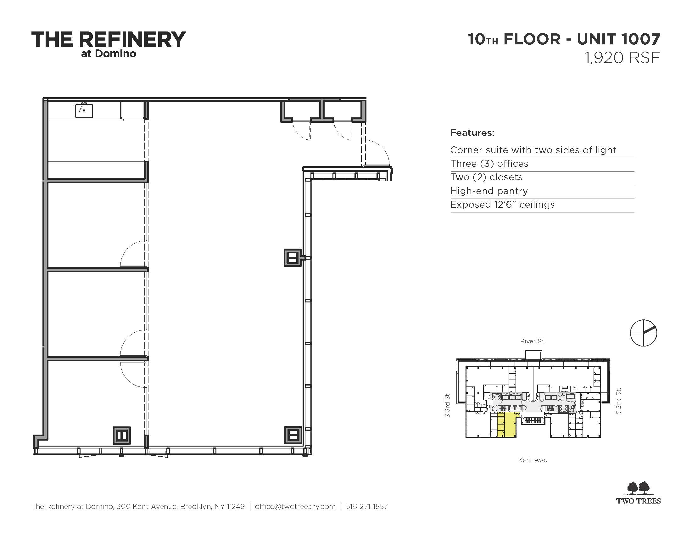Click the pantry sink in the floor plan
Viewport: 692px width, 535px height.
(84, 110)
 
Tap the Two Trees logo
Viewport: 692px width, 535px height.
(639, 493)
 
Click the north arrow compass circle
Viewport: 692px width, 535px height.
(644, 333)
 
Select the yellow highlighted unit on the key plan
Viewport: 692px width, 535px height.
(507, 425)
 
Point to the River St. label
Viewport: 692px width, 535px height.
(533, 341)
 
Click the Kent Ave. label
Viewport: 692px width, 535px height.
(533, 460)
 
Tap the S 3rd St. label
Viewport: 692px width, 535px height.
(447, 405)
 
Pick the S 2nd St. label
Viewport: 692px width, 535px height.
(618, 401)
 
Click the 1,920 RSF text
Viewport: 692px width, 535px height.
(622, 58)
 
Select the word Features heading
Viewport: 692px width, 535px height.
(472, 132)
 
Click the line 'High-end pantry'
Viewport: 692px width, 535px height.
(489, 191)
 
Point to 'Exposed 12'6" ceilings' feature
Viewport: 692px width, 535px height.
(502, 205)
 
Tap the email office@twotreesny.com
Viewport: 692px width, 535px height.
(295, 506)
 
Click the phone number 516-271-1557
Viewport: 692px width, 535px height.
(367, 506)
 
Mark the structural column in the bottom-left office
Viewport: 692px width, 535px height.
(122, 436)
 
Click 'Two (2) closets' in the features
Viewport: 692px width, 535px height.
(486, 177)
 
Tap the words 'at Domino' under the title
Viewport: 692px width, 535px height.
(109, 54)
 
